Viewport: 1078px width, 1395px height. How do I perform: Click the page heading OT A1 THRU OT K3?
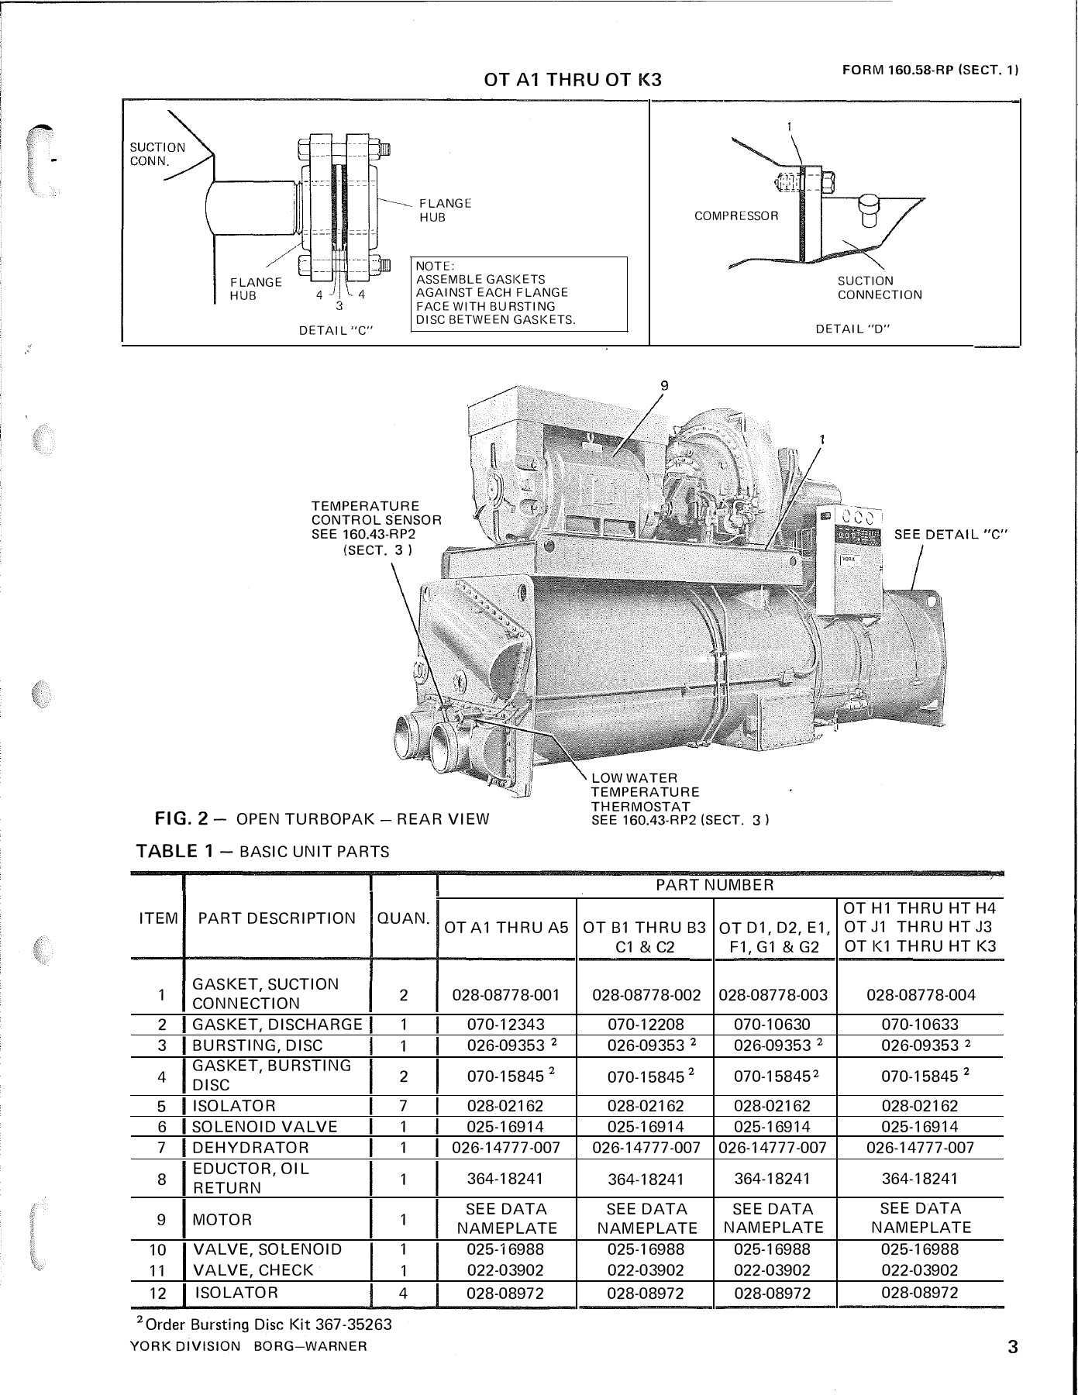tap(572, 79)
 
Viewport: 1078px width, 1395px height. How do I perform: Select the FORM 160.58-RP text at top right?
tap(929, 70)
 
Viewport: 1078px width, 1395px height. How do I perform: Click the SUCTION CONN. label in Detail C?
tap(157, 153)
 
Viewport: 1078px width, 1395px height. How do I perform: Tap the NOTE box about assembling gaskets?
tap(518, 293)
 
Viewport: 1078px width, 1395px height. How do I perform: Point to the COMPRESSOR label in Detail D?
tap(735, 216)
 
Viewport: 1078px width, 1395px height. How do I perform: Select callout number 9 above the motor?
tap(663, 385)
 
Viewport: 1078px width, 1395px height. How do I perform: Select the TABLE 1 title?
tap(262, 852)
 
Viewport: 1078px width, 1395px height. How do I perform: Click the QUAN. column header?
tap(403, 918)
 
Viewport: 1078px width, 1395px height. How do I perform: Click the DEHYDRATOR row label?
tap(250, 1148)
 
